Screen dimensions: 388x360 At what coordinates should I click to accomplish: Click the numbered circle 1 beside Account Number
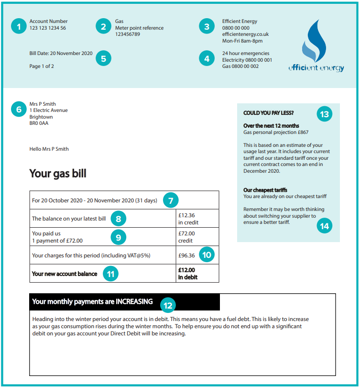19,26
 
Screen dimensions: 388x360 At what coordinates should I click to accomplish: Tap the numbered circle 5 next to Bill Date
103,58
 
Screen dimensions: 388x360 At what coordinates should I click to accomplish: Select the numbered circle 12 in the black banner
167,304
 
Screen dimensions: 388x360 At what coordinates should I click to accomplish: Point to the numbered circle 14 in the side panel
325,226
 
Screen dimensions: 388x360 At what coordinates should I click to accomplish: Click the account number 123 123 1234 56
48,28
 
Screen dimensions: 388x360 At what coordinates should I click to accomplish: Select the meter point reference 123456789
128,34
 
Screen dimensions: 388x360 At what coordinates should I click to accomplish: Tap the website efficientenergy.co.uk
245,34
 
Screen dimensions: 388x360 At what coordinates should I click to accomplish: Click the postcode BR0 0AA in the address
39,123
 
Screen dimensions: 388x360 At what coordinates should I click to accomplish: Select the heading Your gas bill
58,173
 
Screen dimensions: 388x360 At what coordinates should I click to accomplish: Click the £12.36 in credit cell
188,219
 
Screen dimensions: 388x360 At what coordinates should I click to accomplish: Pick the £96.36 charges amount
186,255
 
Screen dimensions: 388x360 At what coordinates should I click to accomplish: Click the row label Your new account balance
65,274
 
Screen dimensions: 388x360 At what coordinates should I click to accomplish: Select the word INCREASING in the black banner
134,302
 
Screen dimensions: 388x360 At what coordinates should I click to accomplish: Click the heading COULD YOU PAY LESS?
268,113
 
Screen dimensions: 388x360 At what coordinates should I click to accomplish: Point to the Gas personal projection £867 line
276,132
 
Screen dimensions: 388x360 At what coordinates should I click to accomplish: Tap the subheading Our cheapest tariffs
265,190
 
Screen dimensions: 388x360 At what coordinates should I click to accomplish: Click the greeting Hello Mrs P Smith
49,149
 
